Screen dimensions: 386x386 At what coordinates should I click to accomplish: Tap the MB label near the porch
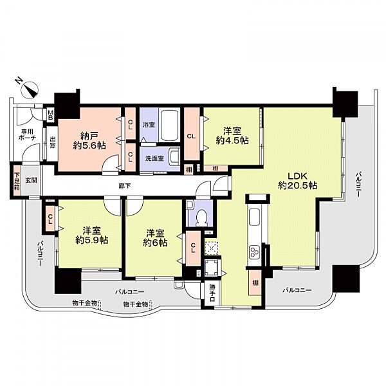point(50,116)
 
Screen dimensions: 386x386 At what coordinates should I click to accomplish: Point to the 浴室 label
point(149,124)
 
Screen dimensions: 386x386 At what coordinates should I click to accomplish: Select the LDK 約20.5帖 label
point(297,179)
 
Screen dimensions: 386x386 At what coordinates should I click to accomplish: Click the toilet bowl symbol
point(200,217)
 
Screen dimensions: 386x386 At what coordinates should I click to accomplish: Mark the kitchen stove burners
point(255,251)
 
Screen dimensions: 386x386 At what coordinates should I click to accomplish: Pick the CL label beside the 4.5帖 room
point(192,136)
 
